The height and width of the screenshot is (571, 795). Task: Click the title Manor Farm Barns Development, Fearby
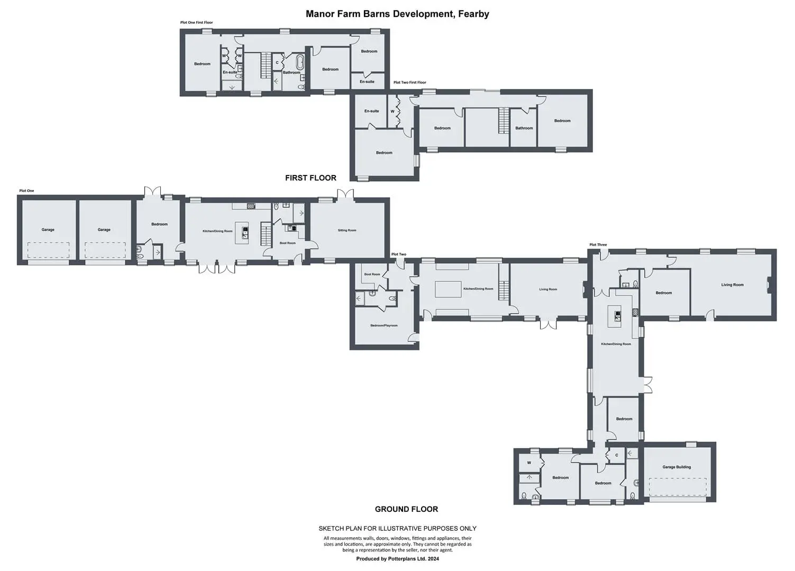pos(397,14)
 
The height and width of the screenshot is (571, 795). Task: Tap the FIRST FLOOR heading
pos(310,178)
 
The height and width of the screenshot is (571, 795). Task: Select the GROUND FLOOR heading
pos(406,509)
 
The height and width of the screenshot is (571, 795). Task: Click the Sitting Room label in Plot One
pos(347,230)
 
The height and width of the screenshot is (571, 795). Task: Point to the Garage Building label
pos(677,467)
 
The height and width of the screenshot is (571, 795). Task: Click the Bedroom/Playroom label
pos(384,325)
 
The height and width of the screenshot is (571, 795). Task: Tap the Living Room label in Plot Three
pos(732,284)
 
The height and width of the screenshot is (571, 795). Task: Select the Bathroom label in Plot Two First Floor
pos(524,128)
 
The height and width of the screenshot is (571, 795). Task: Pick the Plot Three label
pos(598,244)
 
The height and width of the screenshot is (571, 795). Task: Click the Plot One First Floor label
pos(196,22)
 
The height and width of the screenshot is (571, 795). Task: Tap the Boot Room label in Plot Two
pos(372,274)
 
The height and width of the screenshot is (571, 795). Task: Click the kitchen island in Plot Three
pos(615,316)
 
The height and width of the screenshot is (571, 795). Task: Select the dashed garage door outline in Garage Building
pos(678,486)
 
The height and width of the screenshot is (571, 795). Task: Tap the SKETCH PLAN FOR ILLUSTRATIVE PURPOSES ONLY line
pos(398,528)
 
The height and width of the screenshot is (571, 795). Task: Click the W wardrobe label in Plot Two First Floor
pos(392,112)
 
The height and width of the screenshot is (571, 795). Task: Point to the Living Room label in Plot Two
pos(548,289)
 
